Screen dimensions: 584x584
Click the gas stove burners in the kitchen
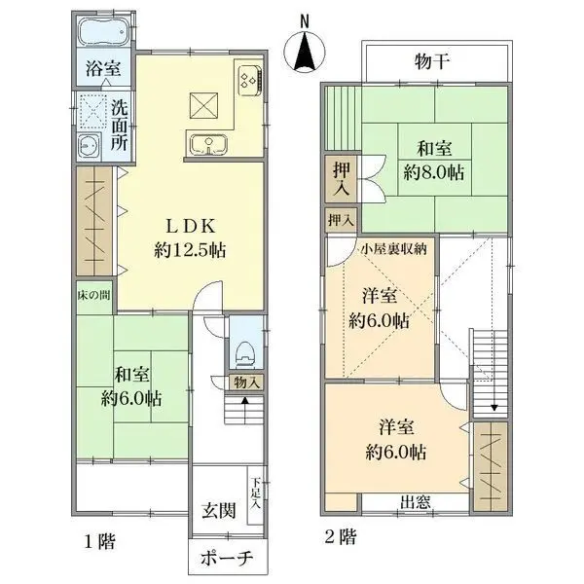click(x=246, y=77)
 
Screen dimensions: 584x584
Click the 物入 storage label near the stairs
click(x=245, y=383)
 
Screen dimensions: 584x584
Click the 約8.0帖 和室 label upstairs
click(x=433, y=161)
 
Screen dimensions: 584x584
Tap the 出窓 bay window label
click(x=417, y=502)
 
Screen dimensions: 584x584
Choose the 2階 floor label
click(x=338, y=535)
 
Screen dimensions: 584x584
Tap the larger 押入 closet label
click(x=342, y=176)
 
